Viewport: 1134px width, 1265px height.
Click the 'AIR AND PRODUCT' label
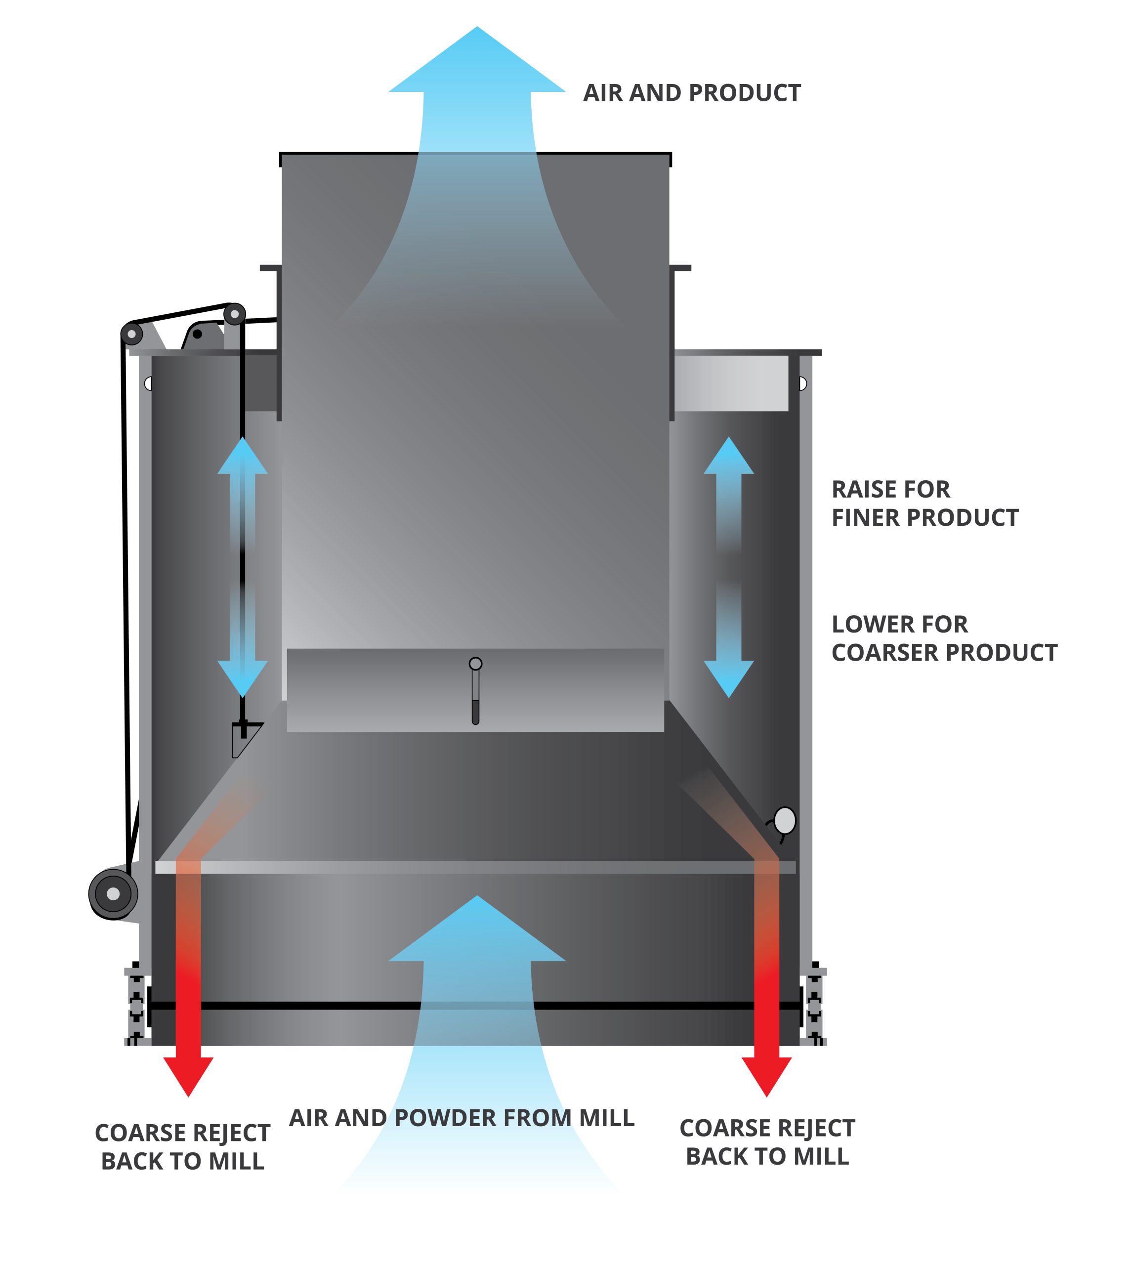[x=692, y=93]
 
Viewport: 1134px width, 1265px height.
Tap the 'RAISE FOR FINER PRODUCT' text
[x=924, y=504]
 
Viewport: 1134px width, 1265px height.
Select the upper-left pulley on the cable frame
[x=131, y=334]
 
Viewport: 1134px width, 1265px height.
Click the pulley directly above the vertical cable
[x=234, y=314]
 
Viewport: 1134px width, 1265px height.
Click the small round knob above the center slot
[x=475, y=664]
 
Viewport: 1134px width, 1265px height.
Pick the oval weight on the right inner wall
[x=785, y=821]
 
